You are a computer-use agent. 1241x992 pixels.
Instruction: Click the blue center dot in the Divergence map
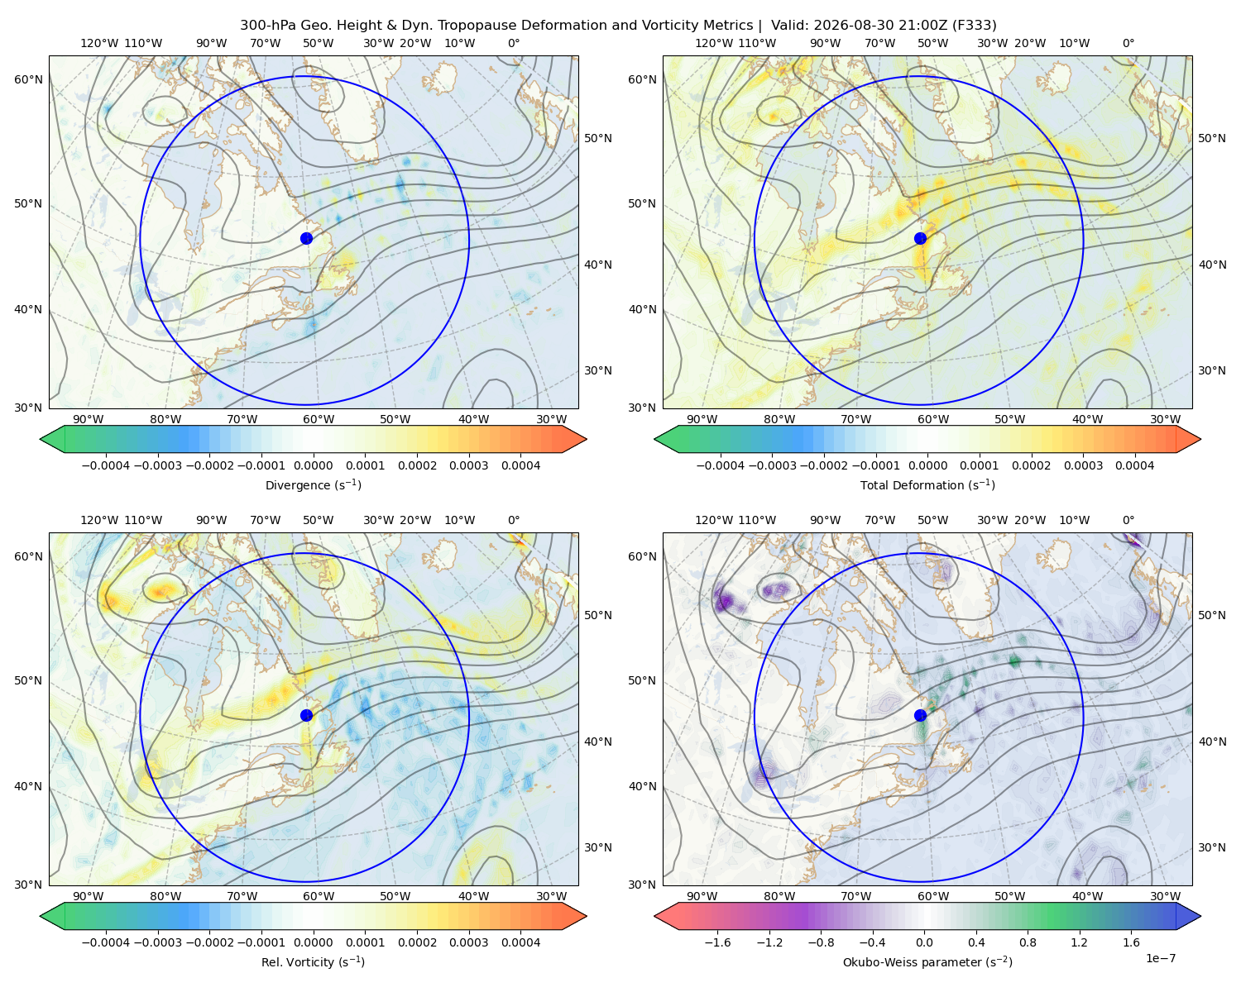point(306,238)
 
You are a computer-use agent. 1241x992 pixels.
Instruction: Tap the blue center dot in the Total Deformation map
point(920,238)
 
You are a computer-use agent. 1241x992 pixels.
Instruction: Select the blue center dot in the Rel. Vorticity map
point(306,715)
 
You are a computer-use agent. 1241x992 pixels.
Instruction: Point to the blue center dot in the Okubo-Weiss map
point(920,715)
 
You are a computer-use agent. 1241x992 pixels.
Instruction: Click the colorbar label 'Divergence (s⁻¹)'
point(313,484)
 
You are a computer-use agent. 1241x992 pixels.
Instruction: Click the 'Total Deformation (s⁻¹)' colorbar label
point(927,484)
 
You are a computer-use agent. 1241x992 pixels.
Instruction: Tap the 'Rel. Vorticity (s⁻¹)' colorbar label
point(313,961)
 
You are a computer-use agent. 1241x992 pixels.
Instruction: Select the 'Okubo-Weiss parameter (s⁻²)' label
point(927,961)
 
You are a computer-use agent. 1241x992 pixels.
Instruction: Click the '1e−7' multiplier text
point(1160,958)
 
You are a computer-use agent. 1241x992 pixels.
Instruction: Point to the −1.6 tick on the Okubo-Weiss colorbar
point(717,942)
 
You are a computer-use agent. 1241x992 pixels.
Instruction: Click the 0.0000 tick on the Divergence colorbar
point(313,465)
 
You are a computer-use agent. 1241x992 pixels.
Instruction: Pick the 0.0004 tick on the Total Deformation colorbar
point(1134,465)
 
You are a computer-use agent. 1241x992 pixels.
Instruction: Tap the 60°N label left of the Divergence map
point(28,79)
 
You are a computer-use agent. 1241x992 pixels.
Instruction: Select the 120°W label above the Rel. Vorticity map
point(99,519)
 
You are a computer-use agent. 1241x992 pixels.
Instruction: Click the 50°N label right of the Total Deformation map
point(1211,138)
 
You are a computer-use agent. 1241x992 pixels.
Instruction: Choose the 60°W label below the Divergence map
point(319,419)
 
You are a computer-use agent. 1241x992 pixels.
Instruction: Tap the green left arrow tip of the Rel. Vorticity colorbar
point(41,915)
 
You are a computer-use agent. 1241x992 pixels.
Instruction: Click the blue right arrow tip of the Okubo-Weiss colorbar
point(1200,915)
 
